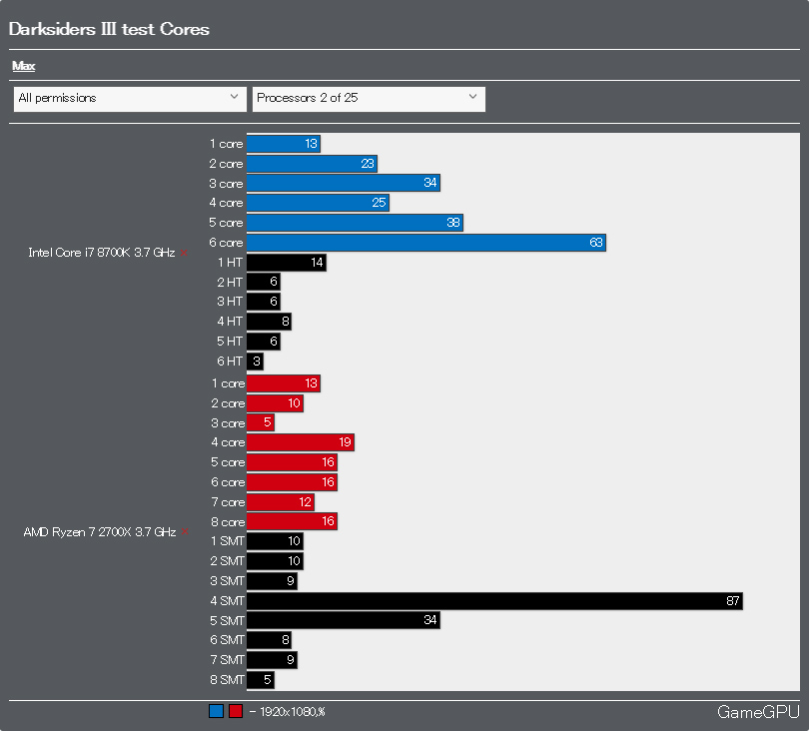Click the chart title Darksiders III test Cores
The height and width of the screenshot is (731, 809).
point(109,29)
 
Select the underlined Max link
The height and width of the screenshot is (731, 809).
point(23,66)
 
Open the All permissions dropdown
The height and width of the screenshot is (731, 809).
point(130,98)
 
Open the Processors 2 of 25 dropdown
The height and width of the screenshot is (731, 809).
point(369,98)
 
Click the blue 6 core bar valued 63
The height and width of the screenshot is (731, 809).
point(425,243)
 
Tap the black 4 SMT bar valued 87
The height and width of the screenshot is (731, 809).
point(494,600)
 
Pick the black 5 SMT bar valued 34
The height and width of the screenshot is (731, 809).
point(343,620)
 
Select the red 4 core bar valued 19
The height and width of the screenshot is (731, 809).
point(300,442)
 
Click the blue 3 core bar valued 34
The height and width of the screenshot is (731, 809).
point(343,183)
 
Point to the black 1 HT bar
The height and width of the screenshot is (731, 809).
point(286,263)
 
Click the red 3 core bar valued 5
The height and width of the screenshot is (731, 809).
point(260,422)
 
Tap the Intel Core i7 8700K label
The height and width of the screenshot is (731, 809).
point(101,253)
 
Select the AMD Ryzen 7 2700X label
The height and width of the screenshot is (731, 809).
point(99,532)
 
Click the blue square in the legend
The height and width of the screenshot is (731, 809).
point(216,712)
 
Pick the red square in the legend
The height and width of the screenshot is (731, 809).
point(236,712)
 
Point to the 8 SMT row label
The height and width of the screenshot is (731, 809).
point(227,680)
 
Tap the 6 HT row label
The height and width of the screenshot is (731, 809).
point(230,362)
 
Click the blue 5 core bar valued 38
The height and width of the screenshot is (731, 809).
point(355,223)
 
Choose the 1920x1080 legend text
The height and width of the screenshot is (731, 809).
point(291,712)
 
